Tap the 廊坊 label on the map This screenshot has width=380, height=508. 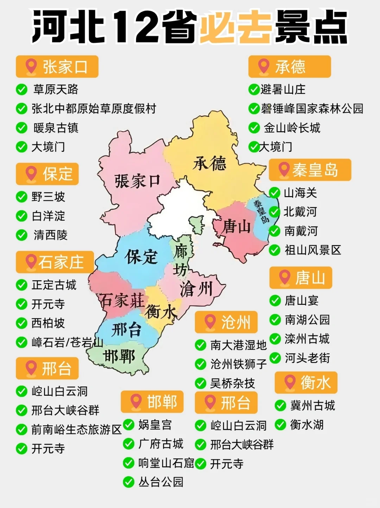click(x=180, y=261)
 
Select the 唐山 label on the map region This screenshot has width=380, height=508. click(x=236, y=227)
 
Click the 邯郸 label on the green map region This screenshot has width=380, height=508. click(x=120, y=357)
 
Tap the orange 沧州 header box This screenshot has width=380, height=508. click(x=226, y=322)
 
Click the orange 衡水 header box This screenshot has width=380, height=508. click(x=306, y=383)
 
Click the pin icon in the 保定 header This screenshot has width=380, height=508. click(x=31, y=174)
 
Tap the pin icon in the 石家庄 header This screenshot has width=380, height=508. click(x=31, y=262)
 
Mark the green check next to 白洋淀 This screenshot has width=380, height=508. click(x=22, y=216)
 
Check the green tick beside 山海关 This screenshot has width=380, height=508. click(x=274, y=193)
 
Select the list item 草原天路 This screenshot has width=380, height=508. click(x=56, y=89)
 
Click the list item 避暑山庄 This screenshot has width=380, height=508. click(x=283, y=89)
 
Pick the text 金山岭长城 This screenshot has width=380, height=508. click(x=292, y=128)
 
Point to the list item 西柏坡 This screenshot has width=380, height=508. click(x=48, y=323)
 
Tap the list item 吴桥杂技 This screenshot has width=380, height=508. click(x=232, y=383)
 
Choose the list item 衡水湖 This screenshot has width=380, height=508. click(x=306, y=425)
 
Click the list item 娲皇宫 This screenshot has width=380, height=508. click(x=155, y=425)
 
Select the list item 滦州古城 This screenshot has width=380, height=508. click(x=307, y=339)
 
